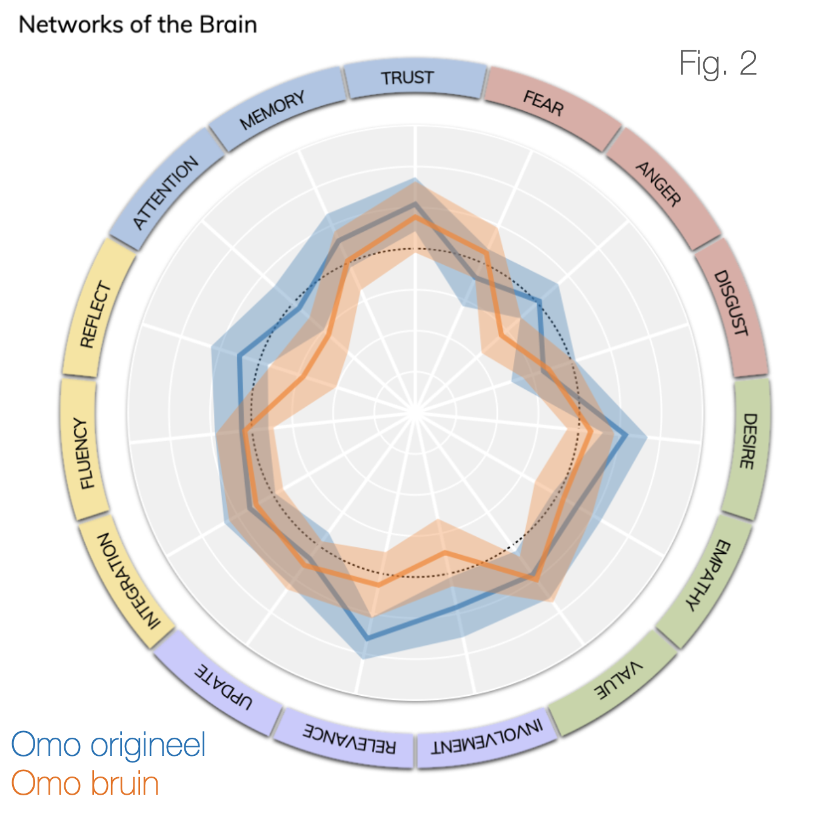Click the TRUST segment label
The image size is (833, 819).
[407, 78]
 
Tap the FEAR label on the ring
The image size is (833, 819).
[544, 103]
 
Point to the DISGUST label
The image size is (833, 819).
[731, 303]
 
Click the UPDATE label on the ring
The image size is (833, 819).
[223, 686]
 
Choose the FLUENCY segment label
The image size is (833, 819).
[85, 453]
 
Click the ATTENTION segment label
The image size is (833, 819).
[166, 192]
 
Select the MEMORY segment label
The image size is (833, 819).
[272, 110]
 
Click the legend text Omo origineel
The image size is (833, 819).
[109, 744]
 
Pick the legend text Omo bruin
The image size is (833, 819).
[85, 783]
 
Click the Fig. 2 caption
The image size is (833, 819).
[718, 63]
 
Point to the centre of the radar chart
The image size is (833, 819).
[416, 413]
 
